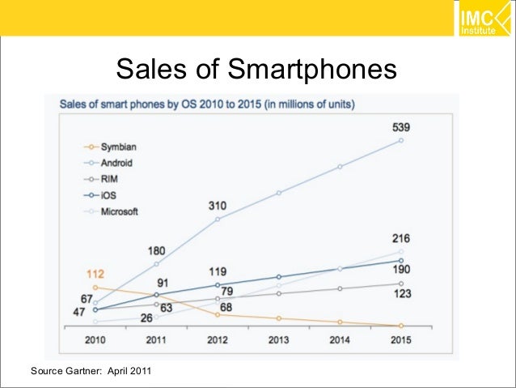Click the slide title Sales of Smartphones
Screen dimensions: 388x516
[257, 70]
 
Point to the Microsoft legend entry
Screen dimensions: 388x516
[120, 211]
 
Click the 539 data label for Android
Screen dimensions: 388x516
[401, 127]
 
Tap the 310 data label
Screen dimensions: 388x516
[217, 206]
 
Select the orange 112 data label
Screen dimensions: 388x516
[96, 274]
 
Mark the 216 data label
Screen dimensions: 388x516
[401, 239]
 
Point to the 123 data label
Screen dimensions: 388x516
[401, 294]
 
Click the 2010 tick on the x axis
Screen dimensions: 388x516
[96, 340]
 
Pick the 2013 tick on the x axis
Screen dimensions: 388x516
[278, 340]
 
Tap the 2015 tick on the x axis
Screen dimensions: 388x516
[400, 340]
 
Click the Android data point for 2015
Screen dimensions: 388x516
[401, 141]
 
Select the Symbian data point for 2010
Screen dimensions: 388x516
[96, 287]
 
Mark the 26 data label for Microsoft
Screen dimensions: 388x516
[148, 317]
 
